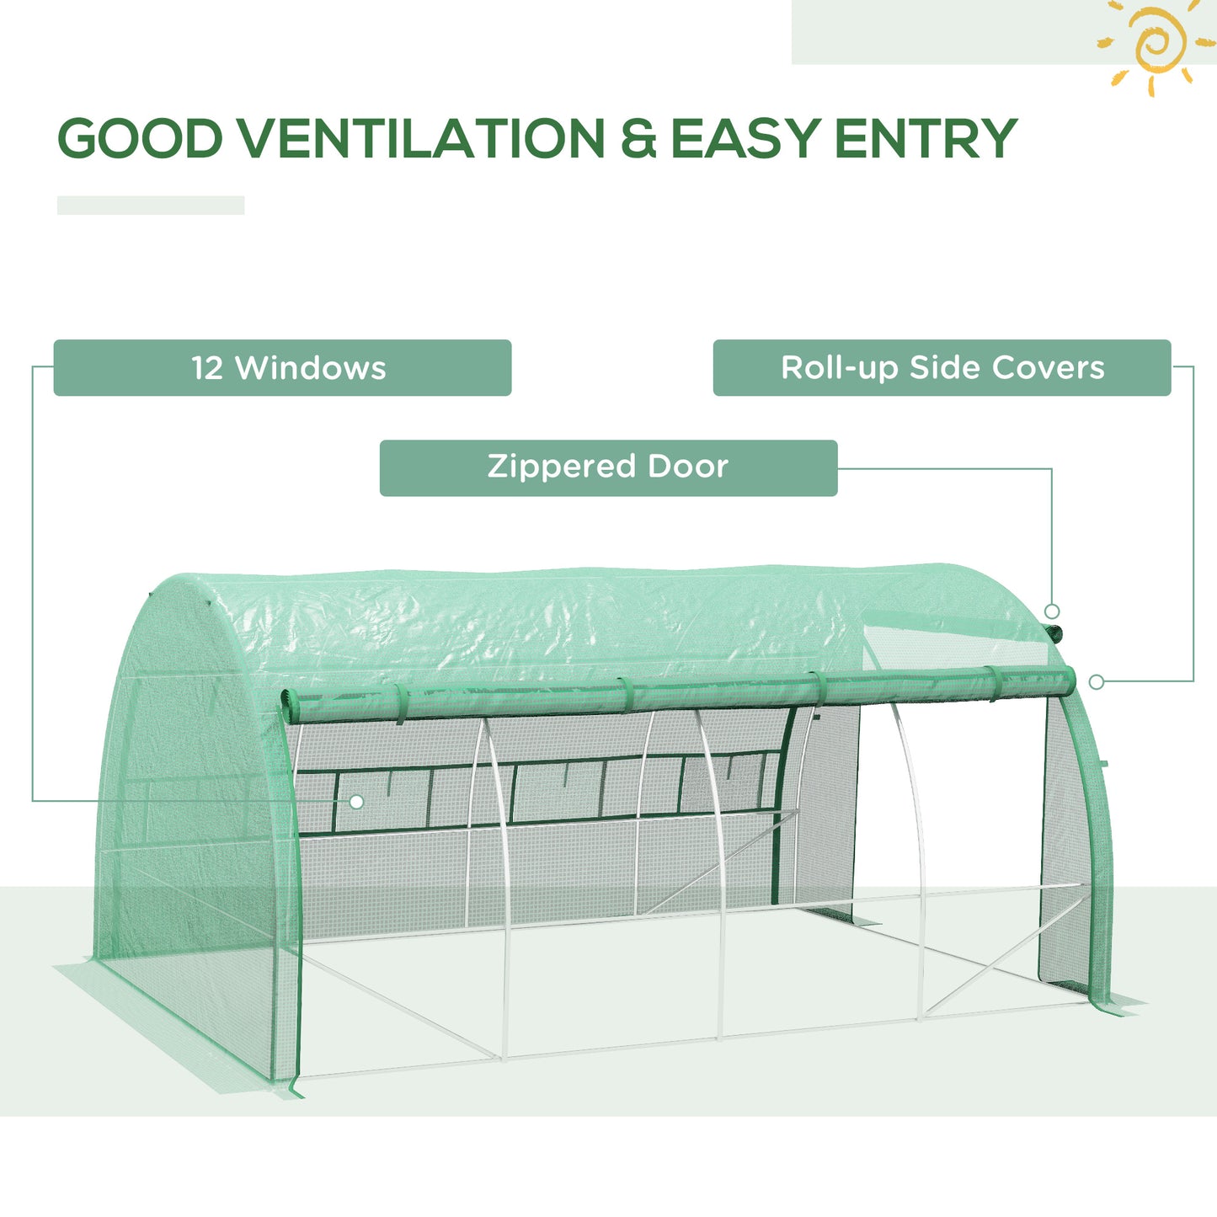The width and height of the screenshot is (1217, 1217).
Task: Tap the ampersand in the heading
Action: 638,140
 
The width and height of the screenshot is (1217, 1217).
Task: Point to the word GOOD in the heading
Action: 140,139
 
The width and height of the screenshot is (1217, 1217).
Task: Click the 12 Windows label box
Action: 282,368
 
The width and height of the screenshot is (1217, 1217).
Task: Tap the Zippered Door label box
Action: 608,467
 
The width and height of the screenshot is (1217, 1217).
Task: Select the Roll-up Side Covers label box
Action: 942,368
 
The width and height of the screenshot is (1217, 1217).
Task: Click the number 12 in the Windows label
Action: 207,368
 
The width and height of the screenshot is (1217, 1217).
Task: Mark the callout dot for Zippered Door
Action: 1052,611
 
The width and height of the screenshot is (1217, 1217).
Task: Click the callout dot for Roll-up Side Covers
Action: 1096,682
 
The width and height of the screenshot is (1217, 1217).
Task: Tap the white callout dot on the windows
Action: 356,802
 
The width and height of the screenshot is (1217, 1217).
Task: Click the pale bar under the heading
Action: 151,206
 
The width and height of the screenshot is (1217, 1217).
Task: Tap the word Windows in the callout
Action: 311,368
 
